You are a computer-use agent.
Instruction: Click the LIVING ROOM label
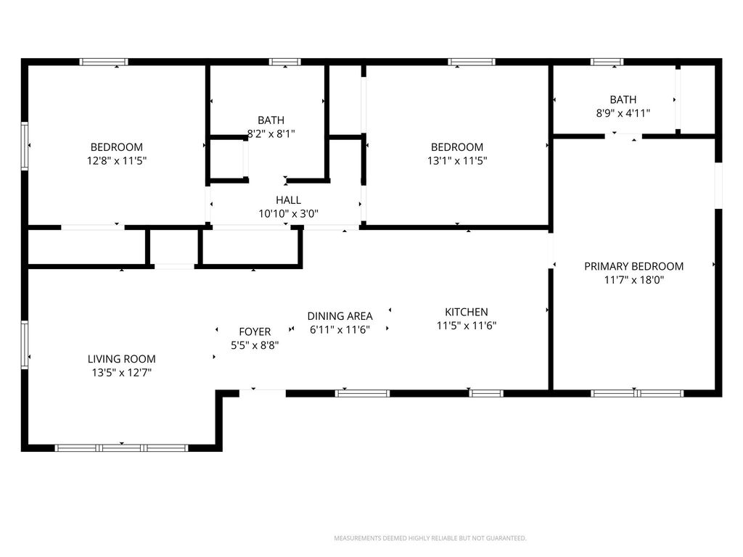tap(122, 359)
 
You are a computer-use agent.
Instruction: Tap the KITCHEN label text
tap(467, 312)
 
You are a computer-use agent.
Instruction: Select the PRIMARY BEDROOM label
tap(633, 266)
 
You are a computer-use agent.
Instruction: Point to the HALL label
tap(288, 200)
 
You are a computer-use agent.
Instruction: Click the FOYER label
tap(255, 331)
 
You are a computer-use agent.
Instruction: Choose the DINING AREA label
tap(340, 316)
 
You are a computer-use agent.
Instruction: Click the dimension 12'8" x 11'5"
tap(117, 160)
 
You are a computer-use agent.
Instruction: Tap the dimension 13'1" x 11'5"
tap(457, 160)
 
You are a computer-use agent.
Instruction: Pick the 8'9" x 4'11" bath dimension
tap(623, 113)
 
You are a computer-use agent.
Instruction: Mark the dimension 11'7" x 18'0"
tap(634, 280)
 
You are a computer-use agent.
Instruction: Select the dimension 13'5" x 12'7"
tap(122, 373)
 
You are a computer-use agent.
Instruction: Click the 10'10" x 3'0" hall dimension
tap(288, 214)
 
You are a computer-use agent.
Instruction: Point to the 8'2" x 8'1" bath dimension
tap(271, 134)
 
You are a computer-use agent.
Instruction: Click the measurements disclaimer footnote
tap(430, 538)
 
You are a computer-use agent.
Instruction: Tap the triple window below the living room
tap(122, 448)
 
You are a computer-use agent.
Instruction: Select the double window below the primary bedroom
tap(637, 393)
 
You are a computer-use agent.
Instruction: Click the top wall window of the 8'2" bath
tap(284, 62)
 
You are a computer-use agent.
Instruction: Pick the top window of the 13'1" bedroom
tap(472, 62)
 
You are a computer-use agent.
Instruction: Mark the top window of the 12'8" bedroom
tap(104, 62)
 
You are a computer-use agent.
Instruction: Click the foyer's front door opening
tap(263, 393)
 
